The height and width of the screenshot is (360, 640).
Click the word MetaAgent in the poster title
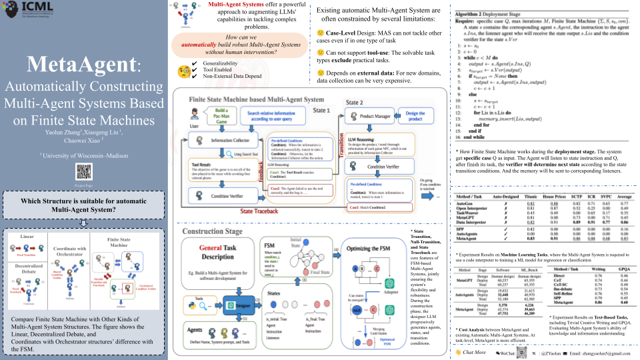(79, 65)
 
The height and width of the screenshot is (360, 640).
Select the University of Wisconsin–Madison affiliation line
(83, 155)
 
